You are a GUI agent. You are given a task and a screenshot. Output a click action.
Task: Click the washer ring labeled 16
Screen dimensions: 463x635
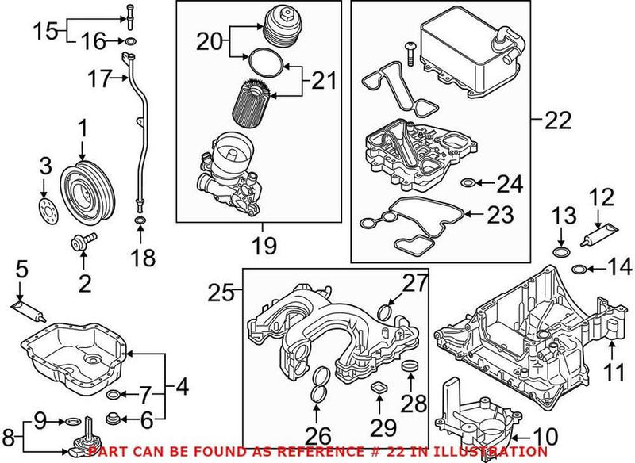129,40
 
